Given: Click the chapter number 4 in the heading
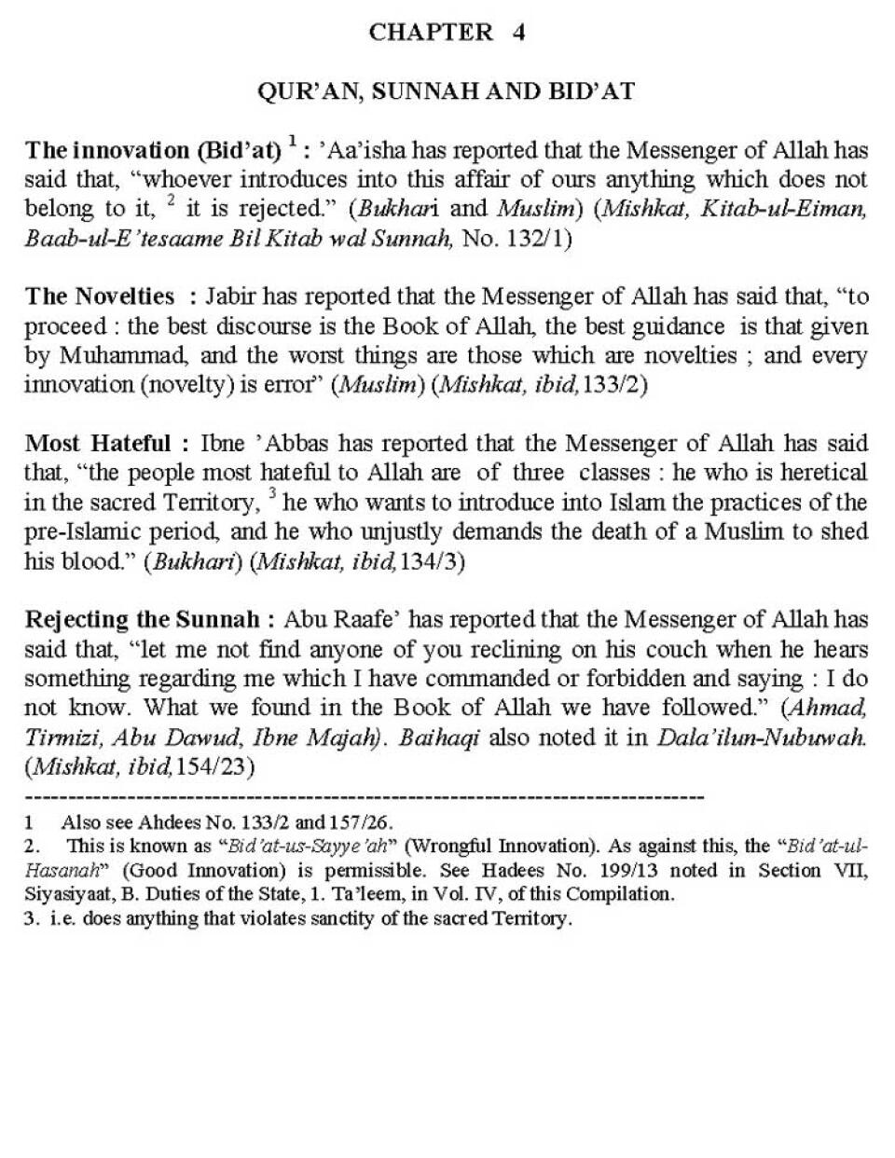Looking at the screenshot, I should (x=518, y=32).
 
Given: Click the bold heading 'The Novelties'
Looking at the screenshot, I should (x=100, y=296).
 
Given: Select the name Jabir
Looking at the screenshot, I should (x=231, y=296).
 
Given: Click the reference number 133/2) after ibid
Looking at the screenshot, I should (x=614, y=386).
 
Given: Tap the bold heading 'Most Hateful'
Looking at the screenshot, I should (x=98, y=443).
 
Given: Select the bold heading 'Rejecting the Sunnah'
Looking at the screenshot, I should (x=148, y=620).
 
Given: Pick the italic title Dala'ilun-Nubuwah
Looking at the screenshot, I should (x=762, y=738).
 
